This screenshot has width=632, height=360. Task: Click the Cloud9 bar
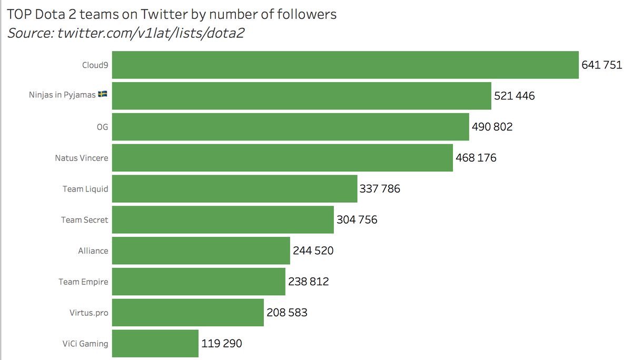coord(345,65)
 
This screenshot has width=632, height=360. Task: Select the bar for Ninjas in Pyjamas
coord(301,96)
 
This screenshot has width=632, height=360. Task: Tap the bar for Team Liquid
coord(234,188)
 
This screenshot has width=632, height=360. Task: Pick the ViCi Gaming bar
coord(155,343)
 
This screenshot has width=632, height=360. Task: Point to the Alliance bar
coord(201,251)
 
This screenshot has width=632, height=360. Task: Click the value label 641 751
coord(601,65)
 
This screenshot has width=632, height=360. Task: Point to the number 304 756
coord(357,219)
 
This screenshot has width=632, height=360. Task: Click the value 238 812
coord(308,282)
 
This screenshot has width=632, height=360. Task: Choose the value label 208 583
coord(287,313)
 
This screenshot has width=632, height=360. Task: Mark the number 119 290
coord(222,344)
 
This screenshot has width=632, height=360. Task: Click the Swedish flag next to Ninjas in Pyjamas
coord(103,95)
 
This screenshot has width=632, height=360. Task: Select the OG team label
coord(103,127)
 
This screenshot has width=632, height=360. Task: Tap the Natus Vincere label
coord(82,158)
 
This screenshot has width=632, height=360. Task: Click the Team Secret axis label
coord(84,219)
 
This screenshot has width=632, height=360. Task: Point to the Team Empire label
coord(83,282)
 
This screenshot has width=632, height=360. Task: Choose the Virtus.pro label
coord(89,313)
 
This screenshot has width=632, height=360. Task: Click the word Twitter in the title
coord(160,14)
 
